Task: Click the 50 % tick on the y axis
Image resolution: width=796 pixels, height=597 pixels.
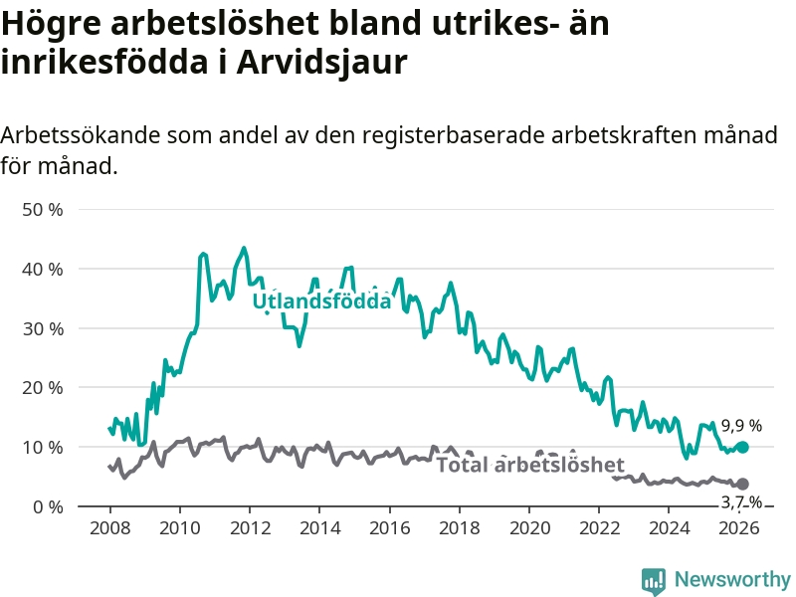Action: point(43,210)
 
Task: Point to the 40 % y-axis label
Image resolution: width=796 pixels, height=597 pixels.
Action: point(43,269)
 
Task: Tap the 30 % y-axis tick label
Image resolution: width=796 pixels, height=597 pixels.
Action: point(43,328)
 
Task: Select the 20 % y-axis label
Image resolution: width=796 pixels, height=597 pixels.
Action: point(43,388)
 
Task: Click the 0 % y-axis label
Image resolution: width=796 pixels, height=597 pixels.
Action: point(47,506)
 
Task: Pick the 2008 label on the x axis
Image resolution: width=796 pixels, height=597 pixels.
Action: point(109,527)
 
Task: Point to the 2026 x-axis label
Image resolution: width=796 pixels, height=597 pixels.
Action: point(739,527)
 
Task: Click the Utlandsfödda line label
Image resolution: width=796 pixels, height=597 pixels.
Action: point(321,301)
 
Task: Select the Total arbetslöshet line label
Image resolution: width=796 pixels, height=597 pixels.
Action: point(530,465)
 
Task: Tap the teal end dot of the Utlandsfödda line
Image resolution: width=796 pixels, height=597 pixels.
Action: point(742,448)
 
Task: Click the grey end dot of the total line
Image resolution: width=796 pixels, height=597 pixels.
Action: point(742,484)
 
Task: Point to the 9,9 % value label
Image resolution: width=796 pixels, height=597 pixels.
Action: point(741,426)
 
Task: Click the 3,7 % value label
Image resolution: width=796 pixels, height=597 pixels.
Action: point(741,502)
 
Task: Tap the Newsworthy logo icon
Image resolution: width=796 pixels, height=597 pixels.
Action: point(654,580)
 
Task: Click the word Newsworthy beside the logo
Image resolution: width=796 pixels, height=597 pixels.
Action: point(732,580)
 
